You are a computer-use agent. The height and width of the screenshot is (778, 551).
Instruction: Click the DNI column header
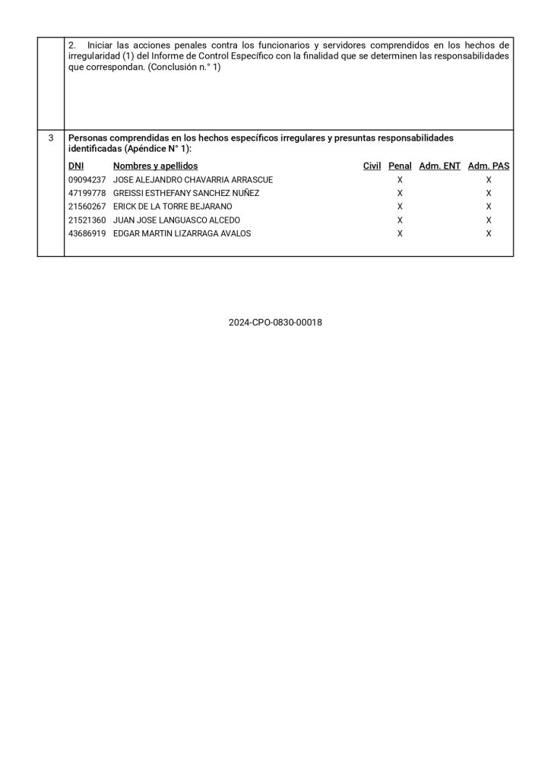click(76, 166)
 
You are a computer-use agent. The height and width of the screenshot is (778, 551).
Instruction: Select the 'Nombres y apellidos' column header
click(155, 166)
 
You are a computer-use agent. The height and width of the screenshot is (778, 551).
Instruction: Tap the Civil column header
click(372, 166)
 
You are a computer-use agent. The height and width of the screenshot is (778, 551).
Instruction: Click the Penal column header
click(400, 166)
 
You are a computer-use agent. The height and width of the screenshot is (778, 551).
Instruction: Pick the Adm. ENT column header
click(439, 166)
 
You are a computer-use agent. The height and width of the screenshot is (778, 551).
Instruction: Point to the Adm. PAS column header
click(489, 166)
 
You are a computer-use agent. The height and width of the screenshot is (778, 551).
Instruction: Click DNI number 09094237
click(87, 180)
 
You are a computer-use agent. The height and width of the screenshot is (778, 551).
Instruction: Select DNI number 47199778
click(87, 194)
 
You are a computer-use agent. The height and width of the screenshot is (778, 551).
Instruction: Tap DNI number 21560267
click(87, 207)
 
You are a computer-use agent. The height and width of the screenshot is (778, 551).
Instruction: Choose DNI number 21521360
click(87, 220)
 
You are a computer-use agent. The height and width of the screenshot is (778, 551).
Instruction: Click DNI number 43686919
click(87, 234)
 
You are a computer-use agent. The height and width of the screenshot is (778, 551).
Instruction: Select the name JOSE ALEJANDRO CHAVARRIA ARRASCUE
click(192, 180)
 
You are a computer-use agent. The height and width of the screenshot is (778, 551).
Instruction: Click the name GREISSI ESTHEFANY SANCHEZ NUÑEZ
click(185, 194)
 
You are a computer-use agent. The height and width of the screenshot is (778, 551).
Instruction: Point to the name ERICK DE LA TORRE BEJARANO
click(173, 207)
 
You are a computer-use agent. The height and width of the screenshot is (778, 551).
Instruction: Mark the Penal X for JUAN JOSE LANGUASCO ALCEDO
click(400, 220)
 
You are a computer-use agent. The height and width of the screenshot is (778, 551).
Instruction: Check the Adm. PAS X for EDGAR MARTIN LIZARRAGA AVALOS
click(489, 234)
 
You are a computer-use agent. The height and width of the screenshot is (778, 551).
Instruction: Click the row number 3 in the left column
click(50, 138)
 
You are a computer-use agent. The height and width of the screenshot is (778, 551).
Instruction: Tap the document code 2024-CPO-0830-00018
click(275, 322)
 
